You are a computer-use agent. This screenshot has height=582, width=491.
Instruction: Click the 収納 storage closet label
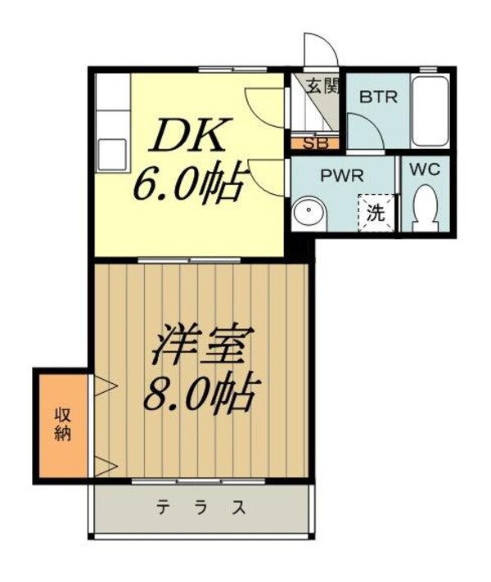click(x=62, y=422)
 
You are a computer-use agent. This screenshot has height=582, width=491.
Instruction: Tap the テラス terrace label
click(x=201, y=508)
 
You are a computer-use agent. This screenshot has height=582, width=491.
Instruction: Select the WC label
click(x=425, y=171)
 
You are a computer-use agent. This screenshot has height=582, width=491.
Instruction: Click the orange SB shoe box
click(x=312, y=143)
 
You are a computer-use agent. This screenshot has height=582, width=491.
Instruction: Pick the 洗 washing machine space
click(x=376, y=214)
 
